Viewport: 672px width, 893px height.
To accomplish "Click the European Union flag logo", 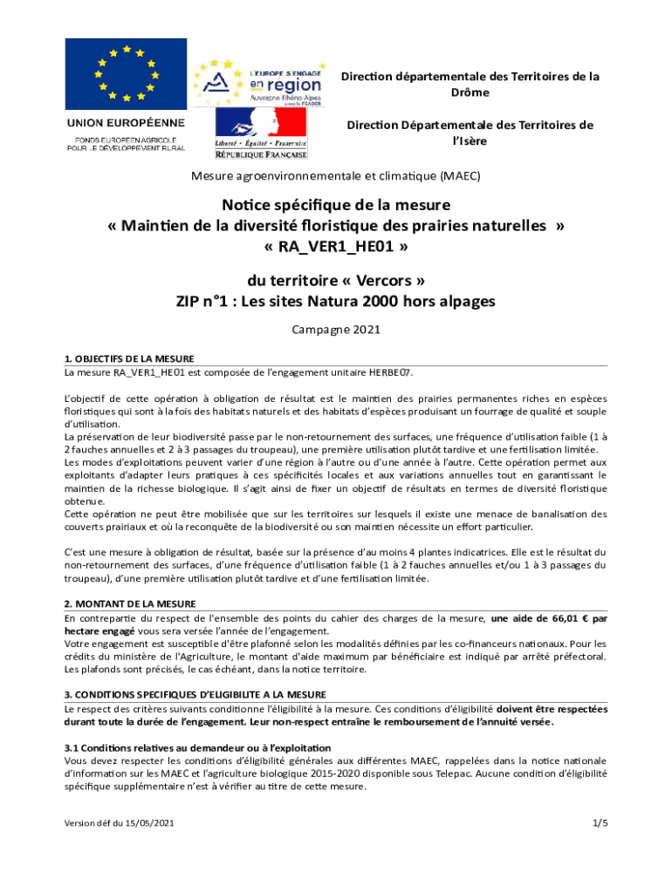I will coord(128,73).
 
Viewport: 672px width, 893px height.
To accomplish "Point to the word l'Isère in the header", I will coord(470,140).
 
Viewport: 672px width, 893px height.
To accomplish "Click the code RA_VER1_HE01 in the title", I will coord(336,247).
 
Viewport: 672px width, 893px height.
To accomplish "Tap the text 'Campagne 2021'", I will coord(336,331).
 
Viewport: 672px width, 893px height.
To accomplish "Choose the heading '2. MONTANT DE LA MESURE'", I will coord(130,603).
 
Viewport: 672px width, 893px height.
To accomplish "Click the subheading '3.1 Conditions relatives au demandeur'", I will coord(197,748).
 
